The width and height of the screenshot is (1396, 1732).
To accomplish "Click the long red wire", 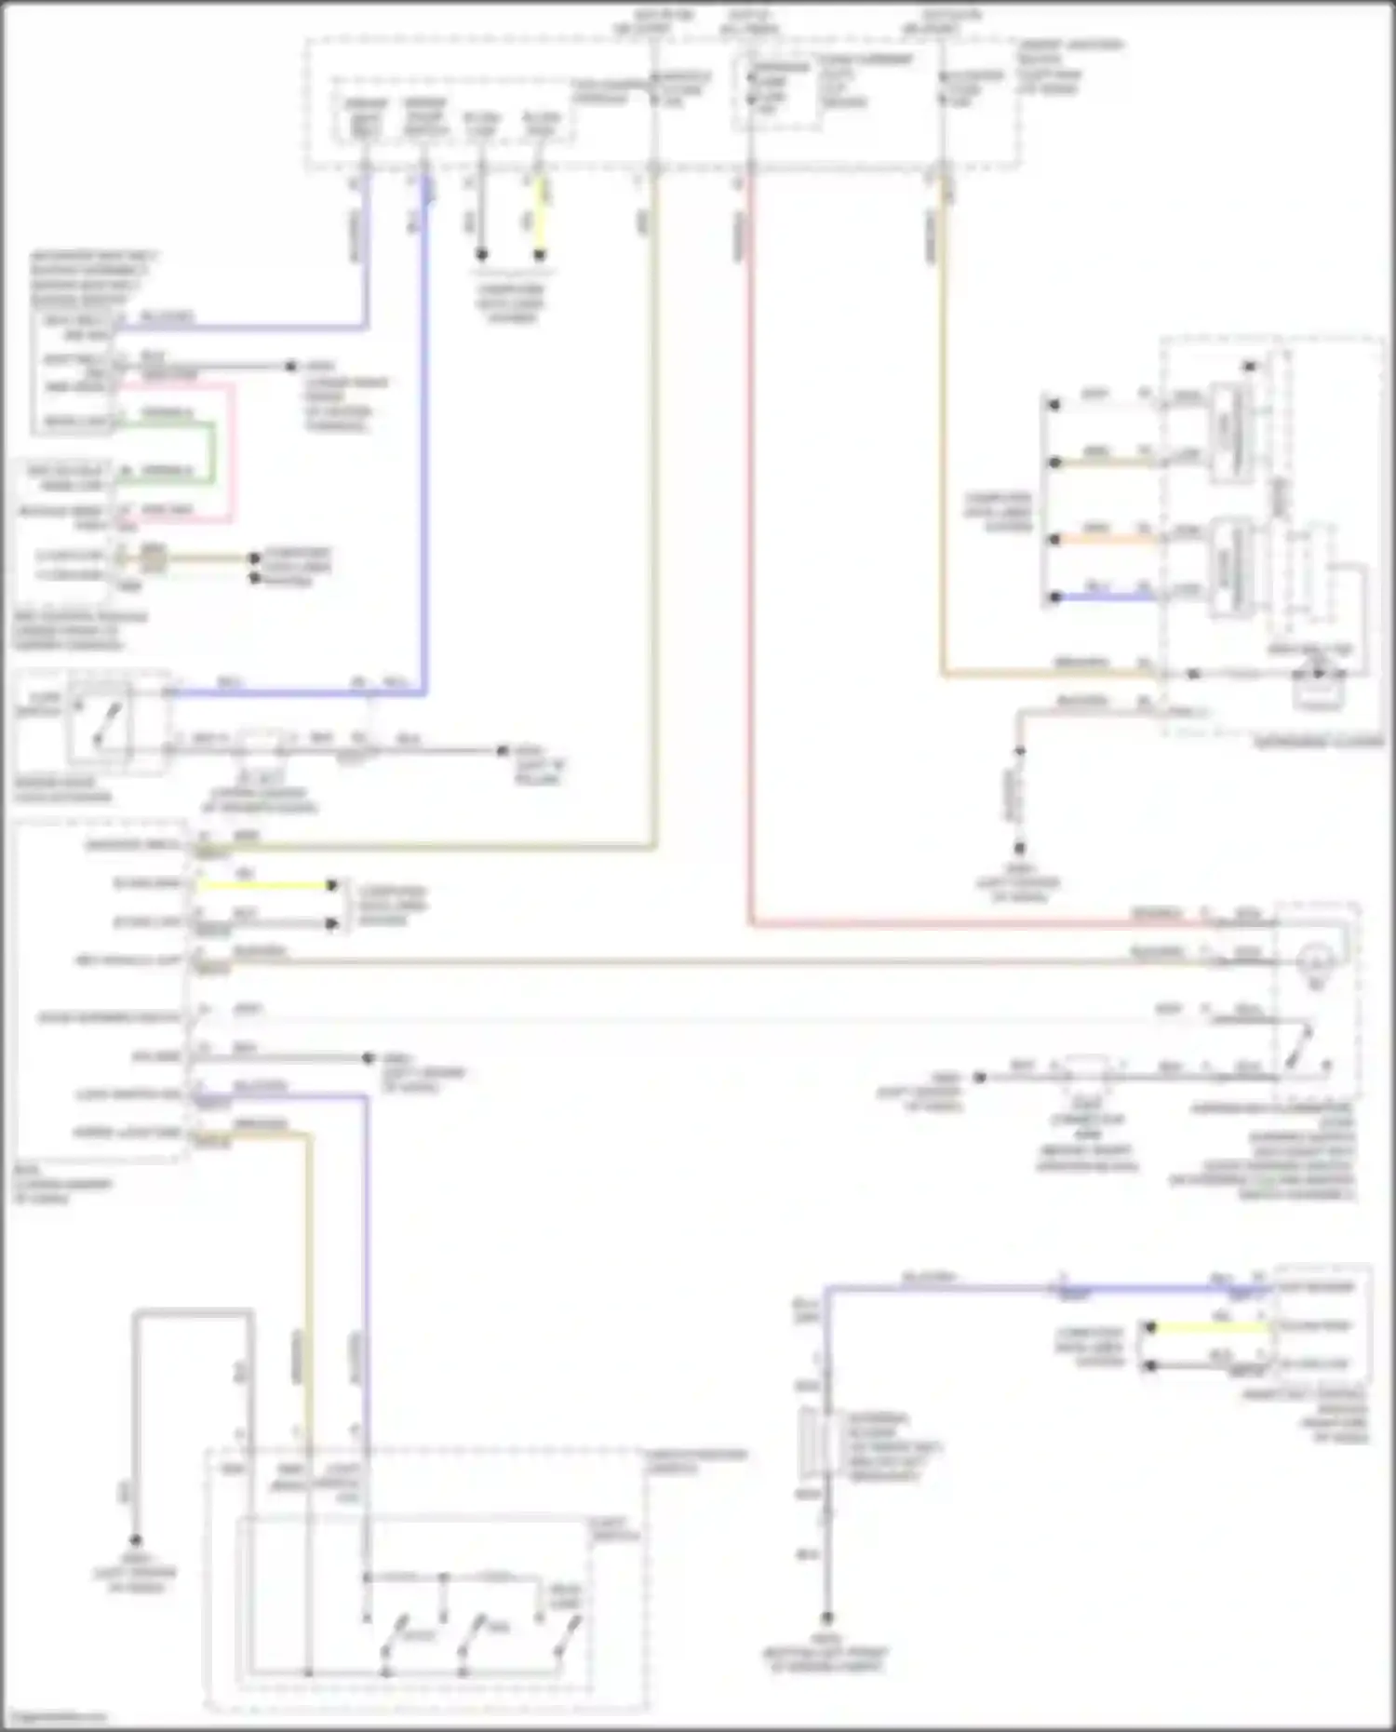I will coord(750,558).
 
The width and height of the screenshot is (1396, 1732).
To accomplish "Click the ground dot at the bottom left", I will coord(136,1540).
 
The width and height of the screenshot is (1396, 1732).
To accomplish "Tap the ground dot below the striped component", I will coord(826,1618).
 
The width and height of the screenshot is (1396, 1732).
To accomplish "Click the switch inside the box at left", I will coord(104,725).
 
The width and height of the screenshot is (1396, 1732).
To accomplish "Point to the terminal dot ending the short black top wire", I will coord(481,254).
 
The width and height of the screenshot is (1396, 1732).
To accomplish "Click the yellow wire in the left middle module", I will coord(265,885).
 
